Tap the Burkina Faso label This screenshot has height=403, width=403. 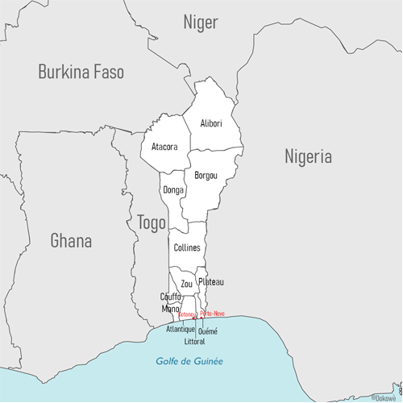[81, 73]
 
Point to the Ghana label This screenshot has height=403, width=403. [71, 240]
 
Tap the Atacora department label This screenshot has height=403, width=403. [164, 147]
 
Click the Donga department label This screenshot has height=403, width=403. [173, 190]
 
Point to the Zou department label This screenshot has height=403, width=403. [187, 284]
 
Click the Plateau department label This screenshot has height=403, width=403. [210, 281]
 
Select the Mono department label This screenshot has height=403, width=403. [170, 308]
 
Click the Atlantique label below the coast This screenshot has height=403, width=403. [181, 330]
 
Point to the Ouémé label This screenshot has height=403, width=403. [208, 330]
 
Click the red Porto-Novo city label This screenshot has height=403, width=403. [212, 313]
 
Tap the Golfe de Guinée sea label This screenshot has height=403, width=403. [190, 361]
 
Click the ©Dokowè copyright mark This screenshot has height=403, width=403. [385, 397]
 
